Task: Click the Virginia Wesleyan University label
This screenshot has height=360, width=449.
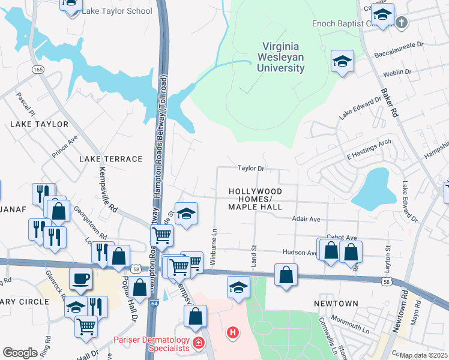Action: tap(282, 57)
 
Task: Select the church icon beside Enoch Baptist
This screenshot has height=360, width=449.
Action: tap(402, 22)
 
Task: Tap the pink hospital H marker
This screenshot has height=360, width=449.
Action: tap(232, 331)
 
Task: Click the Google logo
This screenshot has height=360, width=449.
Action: tap(20, 353)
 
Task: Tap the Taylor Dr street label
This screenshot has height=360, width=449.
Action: tap(251, 169)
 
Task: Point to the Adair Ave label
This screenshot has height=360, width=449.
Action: tap(306, 220)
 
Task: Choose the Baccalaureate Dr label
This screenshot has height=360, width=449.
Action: tap(399, 44)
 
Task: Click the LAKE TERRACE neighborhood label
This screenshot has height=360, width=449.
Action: tap(110, 159)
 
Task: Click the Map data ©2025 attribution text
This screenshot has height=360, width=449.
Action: tap(424, 355)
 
